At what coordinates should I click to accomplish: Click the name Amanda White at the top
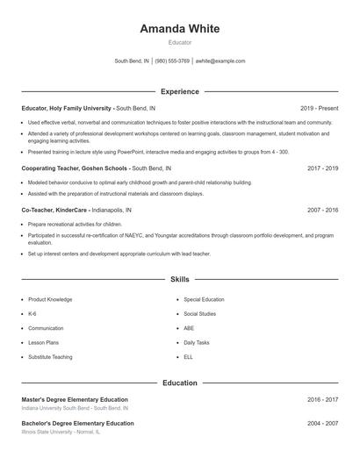pyautogui.click(x=179, y=28)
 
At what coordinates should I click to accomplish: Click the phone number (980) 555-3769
pyautogui.click(x=172, y=61)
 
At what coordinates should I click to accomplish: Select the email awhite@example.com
pyautogui.click(x=220, y=61)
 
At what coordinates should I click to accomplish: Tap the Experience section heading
pyautogui.click(x=179, y=91)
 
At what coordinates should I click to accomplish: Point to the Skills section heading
pyautogui.click(x=179, y=280)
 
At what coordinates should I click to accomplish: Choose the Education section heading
pyautogui.click(x=179, y=383)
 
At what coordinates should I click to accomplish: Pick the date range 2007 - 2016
pyautogui.click(x=323, y=211)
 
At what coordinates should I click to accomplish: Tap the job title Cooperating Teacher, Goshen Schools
pyautogui.click(x=75, y=168)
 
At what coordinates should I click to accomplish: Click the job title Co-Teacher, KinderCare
pyautogui.click(x=54, y=211)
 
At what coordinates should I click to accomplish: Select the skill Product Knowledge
pyautogui.click(x=50, y=299)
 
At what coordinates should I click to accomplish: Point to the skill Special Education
pyautogui.click(x=204, y=299)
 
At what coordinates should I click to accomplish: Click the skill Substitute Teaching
pyautogui.click(x=50, y=357)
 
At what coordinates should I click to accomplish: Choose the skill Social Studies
pyautogui.click(x=199, y=313)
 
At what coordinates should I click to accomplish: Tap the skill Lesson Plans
pyautogui.click(x=44, y=342)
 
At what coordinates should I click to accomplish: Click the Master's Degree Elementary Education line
pyautogui.click(x=75, y=399)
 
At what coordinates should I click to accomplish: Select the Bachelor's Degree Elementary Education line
pyautogui.click(x=77, y=423)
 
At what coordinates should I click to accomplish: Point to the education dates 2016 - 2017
pyautogui.click(x=323, y=399)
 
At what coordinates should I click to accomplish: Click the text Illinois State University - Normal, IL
pyautogui.click(x=61, y=432)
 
